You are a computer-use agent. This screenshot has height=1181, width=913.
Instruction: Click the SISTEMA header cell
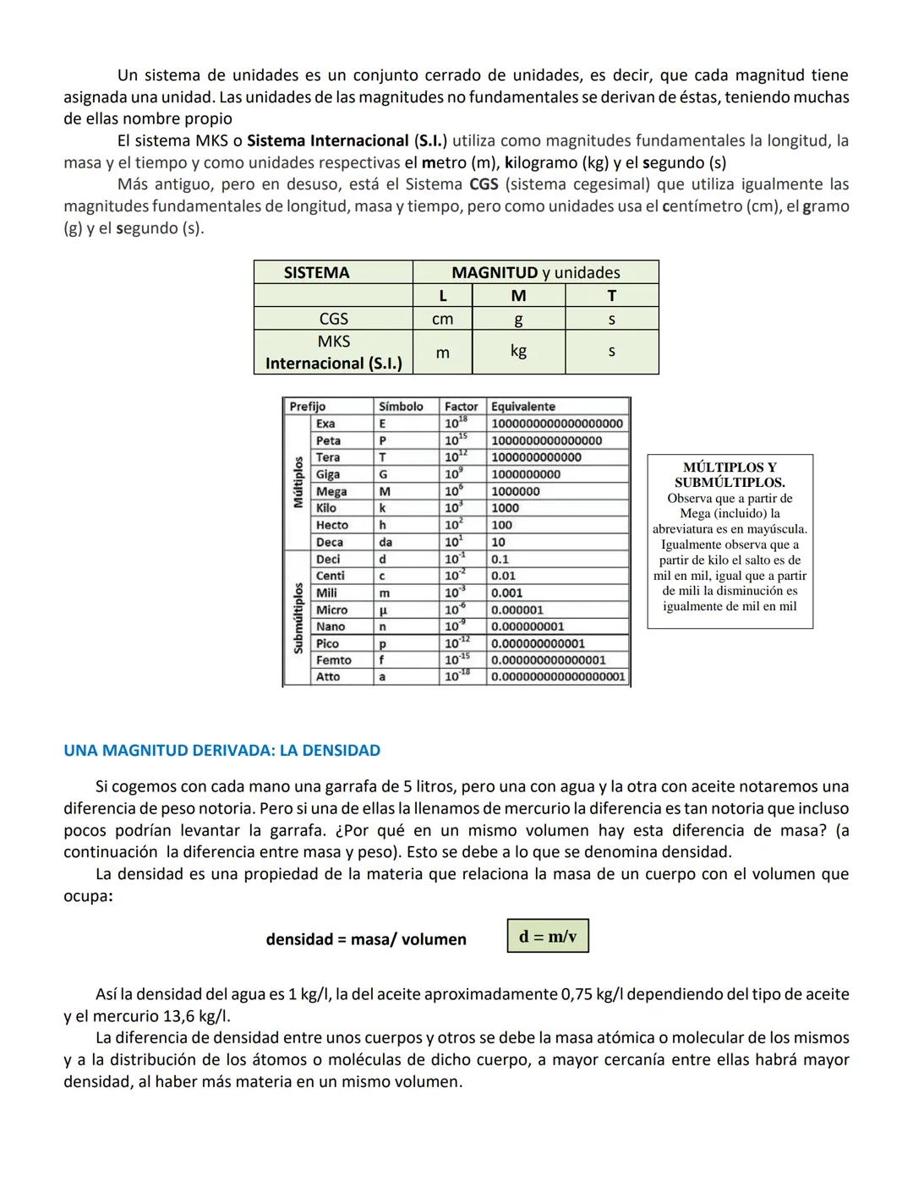click(316, 272)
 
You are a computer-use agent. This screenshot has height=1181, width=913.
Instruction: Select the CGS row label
click(333, 319)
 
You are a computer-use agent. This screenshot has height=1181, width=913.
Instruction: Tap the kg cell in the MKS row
click(518, 351)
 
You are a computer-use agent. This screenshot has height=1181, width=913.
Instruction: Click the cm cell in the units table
click(442, 319)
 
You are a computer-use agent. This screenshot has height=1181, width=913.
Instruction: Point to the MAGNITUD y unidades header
click(535, 272)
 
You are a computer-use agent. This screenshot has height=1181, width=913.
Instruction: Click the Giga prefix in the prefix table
click(328, 474)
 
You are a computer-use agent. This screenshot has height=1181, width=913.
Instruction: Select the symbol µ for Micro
click(383, 610)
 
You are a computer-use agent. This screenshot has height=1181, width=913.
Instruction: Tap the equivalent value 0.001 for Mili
click(506, 593)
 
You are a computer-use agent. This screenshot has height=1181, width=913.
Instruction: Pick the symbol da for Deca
click(385, 542)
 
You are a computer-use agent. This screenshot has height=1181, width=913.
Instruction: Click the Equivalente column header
click(523, 407)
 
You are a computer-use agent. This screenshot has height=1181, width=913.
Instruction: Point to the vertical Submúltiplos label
click(298, 617)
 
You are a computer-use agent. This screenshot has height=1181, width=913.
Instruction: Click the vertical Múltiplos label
click(298, 482)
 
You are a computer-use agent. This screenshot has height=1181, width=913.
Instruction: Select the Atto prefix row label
click(328, 677)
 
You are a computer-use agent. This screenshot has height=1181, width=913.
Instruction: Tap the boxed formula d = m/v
click(548, 936)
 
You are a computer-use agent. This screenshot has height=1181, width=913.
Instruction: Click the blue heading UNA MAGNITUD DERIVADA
click(221, 750)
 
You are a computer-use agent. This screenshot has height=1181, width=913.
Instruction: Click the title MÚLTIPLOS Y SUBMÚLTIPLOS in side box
click(730, 474)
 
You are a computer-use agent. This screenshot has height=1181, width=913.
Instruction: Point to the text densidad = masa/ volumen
click(365, 939)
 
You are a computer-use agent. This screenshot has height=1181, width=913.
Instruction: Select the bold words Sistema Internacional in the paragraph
click(328, 140)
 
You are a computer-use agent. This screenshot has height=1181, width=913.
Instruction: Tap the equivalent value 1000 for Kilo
click(505, 508)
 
